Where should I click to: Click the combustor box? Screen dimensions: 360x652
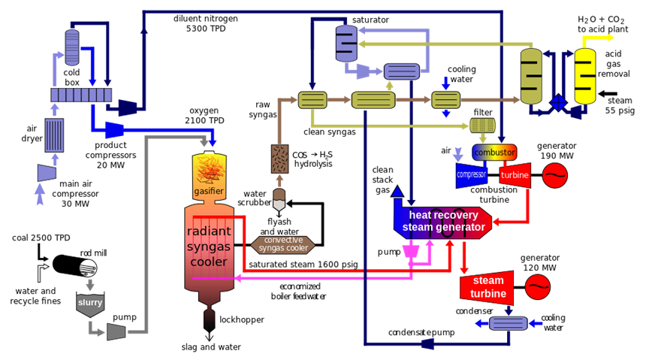coord(494,153)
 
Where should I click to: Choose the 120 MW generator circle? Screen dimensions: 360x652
coord(537,286)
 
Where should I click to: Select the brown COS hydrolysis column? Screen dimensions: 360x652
coord(281,159)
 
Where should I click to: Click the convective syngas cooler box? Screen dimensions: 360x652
coord(277,244)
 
